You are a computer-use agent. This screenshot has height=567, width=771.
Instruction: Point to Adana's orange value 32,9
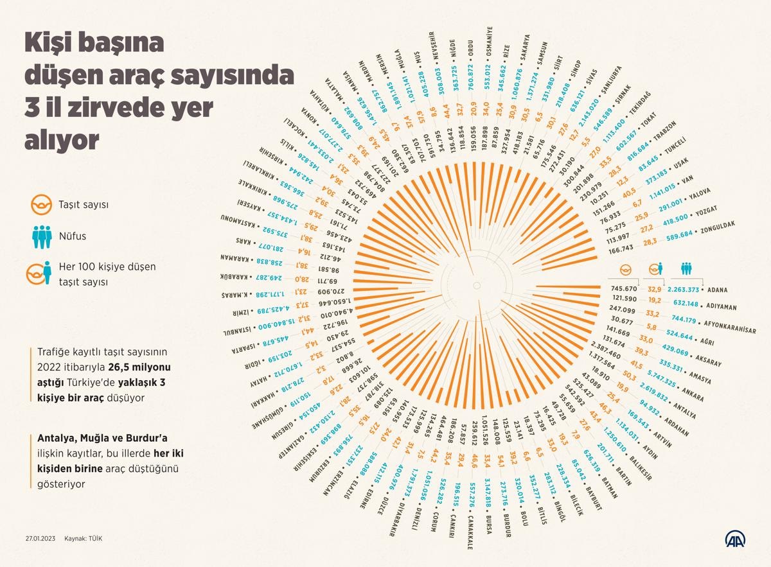pyautogui.click(x=655, y=289)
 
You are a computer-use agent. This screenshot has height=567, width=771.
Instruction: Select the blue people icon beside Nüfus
pyautogui.click(x=42, y=236)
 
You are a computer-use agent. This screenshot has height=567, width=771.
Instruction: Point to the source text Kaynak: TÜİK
pyautogui.click(x=83, y=538)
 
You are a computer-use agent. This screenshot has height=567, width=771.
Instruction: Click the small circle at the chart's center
pyautogui.click(x=477, y=284)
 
